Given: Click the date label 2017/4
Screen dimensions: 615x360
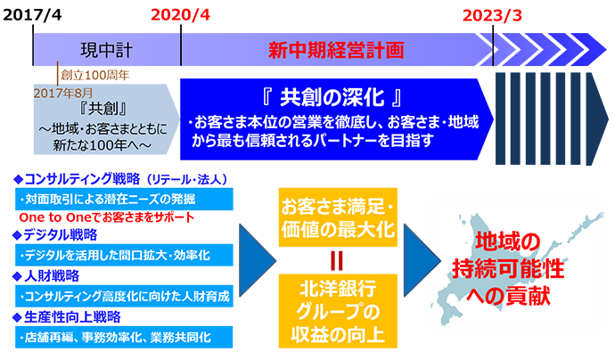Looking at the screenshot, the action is point(32,15).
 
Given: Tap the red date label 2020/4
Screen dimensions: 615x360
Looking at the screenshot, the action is point(180,15).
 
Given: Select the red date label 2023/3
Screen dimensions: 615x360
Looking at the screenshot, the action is point(492,16).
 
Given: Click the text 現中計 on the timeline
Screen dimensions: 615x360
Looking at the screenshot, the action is point(106,50).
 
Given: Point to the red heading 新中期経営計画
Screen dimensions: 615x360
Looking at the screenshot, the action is point(336,50).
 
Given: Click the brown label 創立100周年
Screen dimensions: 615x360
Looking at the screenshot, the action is point(94,75).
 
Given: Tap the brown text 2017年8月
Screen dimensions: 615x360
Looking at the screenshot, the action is point(63,93).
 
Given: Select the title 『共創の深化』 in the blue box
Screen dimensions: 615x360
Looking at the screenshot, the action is point(332,97).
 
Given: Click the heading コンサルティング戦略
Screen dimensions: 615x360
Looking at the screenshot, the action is point(82,179).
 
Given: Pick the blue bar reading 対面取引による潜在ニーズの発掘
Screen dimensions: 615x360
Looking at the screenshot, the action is point(124,199).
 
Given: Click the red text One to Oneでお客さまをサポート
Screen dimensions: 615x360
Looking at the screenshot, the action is point(106,217).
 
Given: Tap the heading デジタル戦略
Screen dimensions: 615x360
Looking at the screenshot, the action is point(60,235).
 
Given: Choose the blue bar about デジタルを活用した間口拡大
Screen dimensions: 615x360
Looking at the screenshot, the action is point(124,255).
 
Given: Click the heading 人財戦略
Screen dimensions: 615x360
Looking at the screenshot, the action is point(52,276).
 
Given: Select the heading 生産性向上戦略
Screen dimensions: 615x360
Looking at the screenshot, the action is point(72,317).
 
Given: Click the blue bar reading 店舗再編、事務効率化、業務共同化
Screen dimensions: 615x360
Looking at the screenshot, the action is point(124,337).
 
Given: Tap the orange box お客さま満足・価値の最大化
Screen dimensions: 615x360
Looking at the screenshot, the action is point(338,217).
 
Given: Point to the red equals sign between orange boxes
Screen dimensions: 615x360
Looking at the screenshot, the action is point(337,260).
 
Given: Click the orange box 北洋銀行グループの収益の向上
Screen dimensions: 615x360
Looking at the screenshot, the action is point(338,311).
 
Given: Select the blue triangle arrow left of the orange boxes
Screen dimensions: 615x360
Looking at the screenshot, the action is point(255,260).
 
